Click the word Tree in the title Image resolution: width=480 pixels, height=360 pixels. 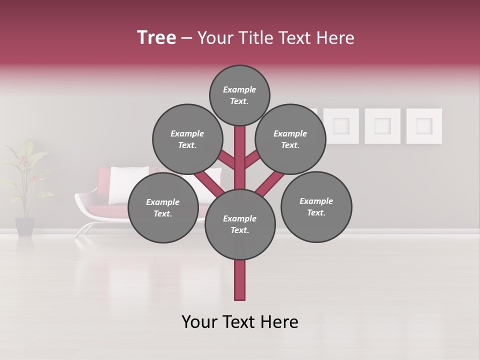(x=156, y=38)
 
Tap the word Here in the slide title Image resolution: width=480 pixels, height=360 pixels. (x=335, y=38)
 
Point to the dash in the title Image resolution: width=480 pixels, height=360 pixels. (x=186, y=38)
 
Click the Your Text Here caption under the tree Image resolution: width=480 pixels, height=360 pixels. (x=240, y=322)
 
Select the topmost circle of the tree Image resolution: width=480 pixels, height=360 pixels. (x=239, y=95)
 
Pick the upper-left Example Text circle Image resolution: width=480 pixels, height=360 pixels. (x=187, y=139)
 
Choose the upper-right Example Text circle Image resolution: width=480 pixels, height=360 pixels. (x=290, y=139)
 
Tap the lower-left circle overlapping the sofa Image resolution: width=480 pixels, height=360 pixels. (x=163, y=207)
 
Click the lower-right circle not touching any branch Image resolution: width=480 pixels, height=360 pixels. (x=316, y=206)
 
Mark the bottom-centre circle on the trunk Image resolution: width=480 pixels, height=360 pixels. (x=240, y=224)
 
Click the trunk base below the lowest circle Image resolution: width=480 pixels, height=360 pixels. (x=240, y=280)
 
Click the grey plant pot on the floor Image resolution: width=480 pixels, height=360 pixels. (x=24, y=225)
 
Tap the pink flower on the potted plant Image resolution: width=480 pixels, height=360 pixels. (x=22, y=160)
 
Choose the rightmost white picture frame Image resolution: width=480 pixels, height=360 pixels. (x=424, y=126)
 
